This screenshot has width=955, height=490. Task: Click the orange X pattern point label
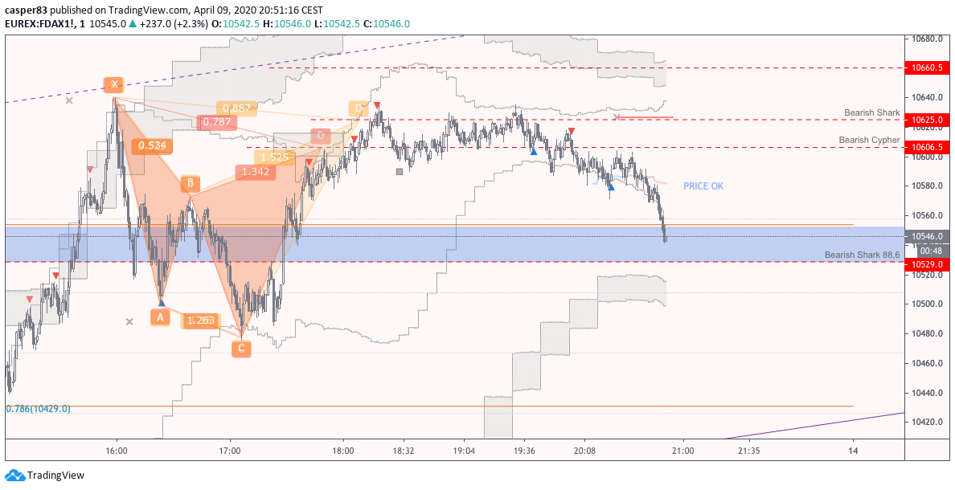(114, 84)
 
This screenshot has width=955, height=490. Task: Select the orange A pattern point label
(160, 317)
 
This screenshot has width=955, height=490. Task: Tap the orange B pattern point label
(190, 183)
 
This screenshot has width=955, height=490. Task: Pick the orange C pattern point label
(240, 349)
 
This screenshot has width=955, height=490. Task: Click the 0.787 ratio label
(217, 122)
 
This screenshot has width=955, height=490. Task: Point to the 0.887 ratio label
(237, 108)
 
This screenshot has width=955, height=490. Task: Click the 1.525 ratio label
(274, 157)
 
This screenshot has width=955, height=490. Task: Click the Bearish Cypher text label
(869, 140)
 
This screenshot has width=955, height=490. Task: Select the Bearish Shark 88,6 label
(862, 255)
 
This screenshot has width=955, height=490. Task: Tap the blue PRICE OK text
(703, 186)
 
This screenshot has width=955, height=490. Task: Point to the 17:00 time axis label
(230, 451)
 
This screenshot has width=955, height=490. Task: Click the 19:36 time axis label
(524, 451)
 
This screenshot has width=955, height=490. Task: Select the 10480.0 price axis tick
(926, 333)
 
